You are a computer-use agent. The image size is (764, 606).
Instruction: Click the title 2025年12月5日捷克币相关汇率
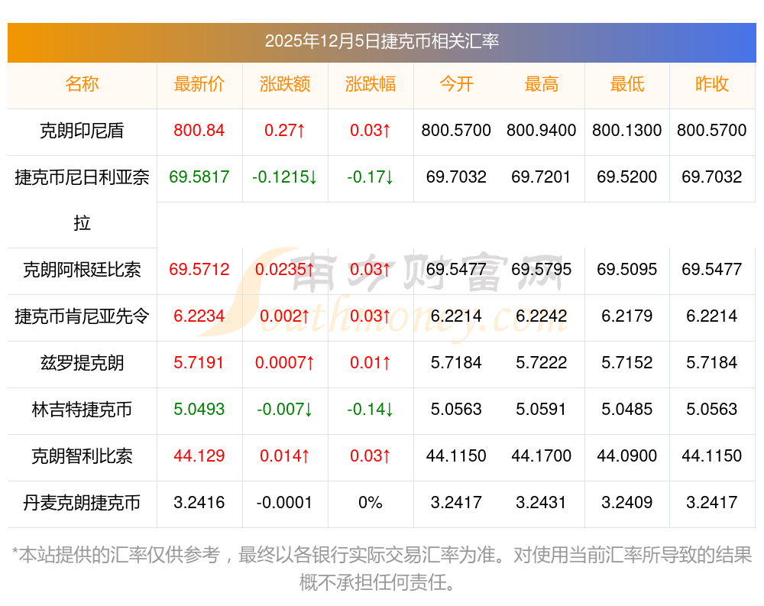(x=381, y=41)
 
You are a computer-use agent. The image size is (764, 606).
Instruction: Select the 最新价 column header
(x=199, y=84)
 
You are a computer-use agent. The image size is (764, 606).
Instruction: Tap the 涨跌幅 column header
(x=371, y=84)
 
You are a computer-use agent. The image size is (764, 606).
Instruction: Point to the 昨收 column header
(x=712, y=84)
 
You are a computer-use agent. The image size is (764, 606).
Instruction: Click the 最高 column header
(x=542, y=84)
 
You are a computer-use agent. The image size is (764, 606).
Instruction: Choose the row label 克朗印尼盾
(x=82, y=131)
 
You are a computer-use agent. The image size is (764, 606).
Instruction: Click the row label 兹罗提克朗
(x=82, y=362)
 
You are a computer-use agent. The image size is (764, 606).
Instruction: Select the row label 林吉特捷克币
(x=82, y=410)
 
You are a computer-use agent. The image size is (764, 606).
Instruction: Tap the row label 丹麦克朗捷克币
(x=82, y=503)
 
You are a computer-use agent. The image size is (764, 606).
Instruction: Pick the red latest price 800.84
(x=199, y=131)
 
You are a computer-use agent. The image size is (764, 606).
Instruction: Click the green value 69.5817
(x=199, y=177)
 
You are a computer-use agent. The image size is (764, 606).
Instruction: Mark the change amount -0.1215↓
(x=285, y=177)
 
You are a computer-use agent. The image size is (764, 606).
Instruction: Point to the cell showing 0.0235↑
(x=285, y=270)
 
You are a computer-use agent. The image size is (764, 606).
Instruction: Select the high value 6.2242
(x=542, y=316)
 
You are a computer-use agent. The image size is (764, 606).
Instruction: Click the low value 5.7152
(x=627, y=362)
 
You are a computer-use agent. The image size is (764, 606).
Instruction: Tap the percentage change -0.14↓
(x=371, y=410)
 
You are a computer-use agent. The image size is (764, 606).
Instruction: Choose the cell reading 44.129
(x=199, y=456)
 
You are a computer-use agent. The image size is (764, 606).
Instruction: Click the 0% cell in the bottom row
(x=371, y=503)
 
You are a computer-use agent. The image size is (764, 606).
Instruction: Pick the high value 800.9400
(x=542, y=131)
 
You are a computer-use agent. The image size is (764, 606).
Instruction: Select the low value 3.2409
(x=627, y=503)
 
